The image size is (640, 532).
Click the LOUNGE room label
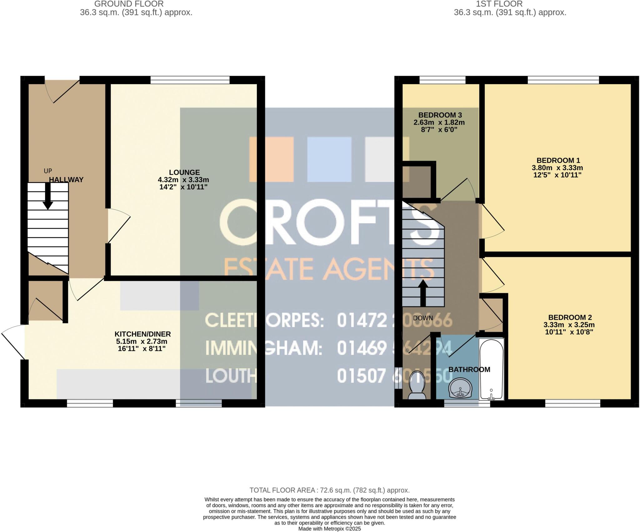(184, 172)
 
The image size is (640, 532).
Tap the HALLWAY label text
(66, 180)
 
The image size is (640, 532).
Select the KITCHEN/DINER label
(142, 334)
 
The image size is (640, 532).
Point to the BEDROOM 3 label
(440, 115)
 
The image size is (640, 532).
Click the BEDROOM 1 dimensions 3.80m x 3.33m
(557, 168)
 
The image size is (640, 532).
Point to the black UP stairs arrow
(47, 196)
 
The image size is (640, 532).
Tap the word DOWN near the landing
(423, 318)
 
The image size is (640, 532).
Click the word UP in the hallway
(47, 171)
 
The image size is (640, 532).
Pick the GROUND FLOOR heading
(129, 4)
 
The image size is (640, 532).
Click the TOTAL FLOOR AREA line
(329, 490)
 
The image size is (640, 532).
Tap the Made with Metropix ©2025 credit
(329, 529)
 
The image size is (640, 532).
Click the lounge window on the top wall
(190, 80)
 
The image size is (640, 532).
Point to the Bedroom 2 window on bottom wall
(572, 404)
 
